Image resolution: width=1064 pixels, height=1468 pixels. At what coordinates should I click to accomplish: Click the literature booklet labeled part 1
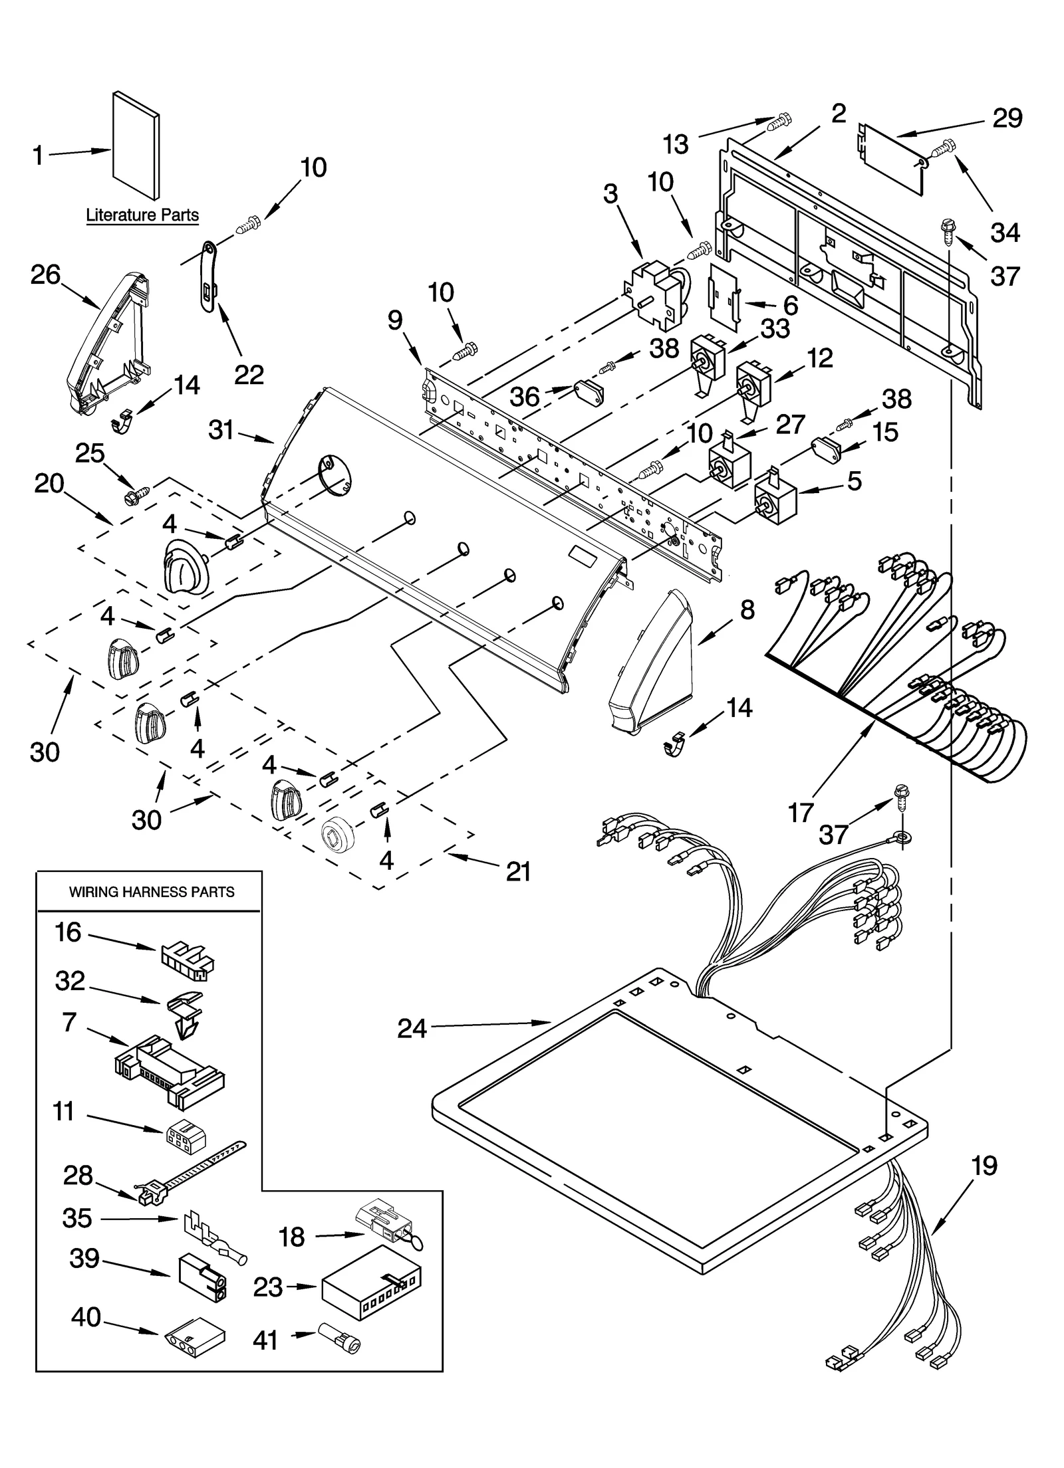click(x=136, y=145)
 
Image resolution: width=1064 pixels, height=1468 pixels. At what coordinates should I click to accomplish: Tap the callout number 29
click(x=1007, y=118)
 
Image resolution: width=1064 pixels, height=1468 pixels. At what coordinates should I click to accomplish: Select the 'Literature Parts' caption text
click(x=142, y=215)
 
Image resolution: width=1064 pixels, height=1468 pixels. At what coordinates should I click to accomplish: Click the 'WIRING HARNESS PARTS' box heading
click(x=152, y=892)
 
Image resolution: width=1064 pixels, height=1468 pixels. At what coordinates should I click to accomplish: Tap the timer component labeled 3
click(x=655, y=292)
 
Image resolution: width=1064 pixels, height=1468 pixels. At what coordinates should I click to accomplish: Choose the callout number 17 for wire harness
click(x=801, y=812)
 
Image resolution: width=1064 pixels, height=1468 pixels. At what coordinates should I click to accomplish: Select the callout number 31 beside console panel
click(x=221, y=430)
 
